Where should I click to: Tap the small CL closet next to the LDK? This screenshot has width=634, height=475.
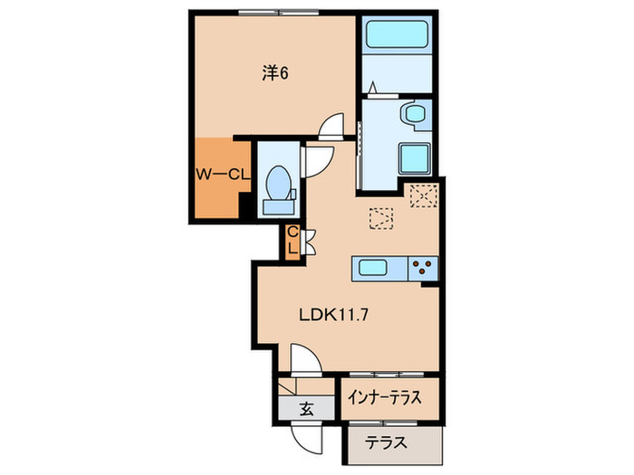tap(293, 242)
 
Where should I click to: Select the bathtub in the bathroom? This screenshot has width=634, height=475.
tap(398, 39)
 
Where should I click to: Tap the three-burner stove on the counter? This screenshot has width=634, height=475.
tap(422, 267)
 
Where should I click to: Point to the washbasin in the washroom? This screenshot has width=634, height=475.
tap(416, 115)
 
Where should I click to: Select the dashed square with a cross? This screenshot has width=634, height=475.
tap(422, 196)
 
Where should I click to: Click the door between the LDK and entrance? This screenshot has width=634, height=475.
tap(303, 359)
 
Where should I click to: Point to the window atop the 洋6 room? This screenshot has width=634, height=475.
tap(272, 13)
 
